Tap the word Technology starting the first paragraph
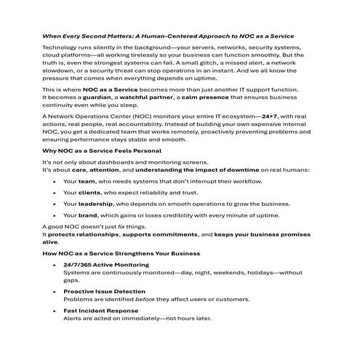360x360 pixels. (59, 47)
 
